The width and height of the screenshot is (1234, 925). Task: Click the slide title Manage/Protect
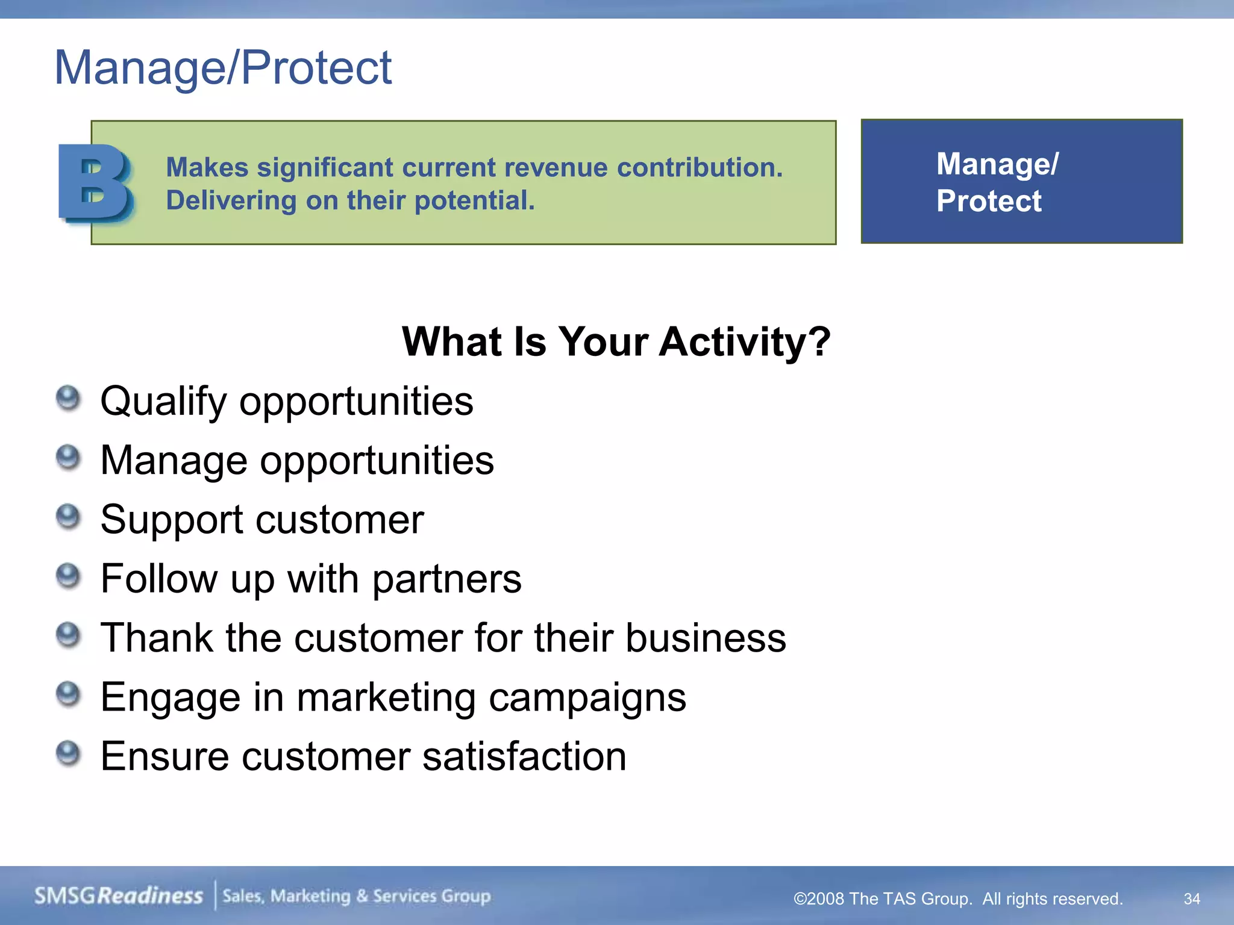pos(223,67)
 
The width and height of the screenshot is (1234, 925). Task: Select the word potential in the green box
pos(474,201)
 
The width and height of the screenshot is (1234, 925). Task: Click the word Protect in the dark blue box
pos(988,201)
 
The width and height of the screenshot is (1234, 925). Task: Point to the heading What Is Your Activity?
pos(616,341)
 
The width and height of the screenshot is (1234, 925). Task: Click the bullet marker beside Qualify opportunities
pos(68,398)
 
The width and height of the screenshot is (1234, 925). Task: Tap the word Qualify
pos(163,402)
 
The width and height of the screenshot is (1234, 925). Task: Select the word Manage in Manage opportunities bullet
pos(174,461)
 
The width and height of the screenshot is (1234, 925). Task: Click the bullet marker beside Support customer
pos(68,517)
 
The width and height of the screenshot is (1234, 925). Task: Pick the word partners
pos(446,579)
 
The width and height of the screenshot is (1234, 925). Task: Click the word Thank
pos(157,638)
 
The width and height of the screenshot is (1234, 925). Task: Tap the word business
pos(705,638)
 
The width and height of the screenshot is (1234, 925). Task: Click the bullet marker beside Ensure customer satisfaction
pos(68,753)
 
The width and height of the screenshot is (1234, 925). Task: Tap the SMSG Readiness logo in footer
pos(119,895)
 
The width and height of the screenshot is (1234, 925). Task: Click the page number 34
pos(1191,899)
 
